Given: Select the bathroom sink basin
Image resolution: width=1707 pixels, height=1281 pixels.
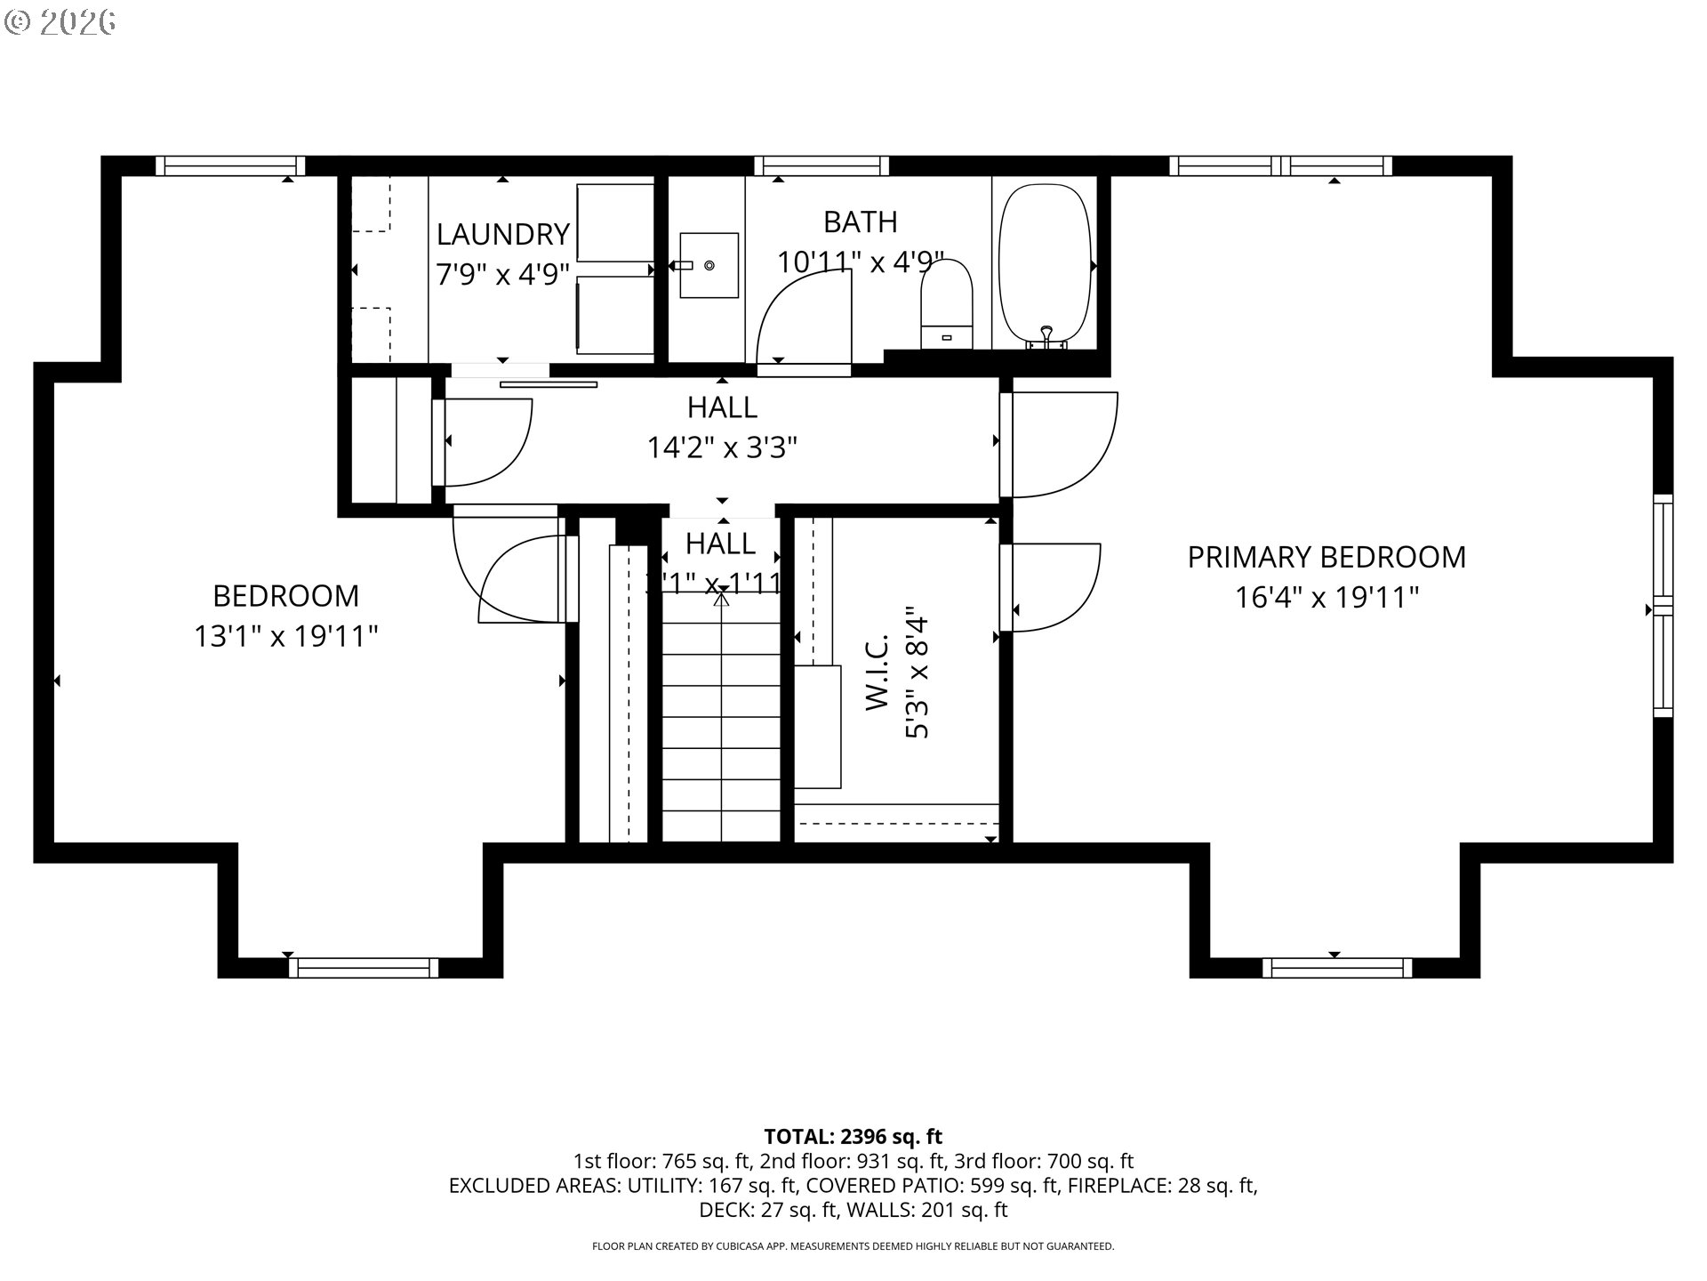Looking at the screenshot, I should coord(709,265).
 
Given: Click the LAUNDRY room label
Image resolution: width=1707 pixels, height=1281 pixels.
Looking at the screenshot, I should coord(502,234).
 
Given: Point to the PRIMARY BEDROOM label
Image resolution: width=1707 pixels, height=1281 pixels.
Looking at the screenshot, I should coord(1326,557).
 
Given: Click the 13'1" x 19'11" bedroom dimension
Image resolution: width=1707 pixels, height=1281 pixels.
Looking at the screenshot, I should coord(286,636).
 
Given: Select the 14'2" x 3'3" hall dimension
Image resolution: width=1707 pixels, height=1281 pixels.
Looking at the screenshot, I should coord(721,447).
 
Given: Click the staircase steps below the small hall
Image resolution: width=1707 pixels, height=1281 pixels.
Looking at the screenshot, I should coord(721,729).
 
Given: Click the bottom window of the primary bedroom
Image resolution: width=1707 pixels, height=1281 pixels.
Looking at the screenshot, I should coord(1336,968).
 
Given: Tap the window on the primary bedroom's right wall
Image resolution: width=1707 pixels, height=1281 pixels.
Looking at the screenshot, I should coord(1663,605).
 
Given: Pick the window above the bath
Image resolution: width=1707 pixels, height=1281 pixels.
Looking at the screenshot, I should coord(821,165).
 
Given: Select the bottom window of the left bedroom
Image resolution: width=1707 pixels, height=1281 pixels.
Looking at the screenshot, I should coord(363,968).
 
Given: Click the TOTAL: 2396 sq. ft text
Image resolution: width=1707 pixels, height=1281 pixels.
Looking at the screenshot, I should coord(853,1136).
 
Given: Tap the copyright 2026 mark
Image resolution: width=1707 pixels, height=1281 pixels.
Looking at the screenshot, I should coord(60,22).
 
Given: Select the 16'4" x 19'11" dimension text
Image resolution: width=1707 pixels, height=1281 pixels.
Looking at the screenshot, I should coord(1326,597).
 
